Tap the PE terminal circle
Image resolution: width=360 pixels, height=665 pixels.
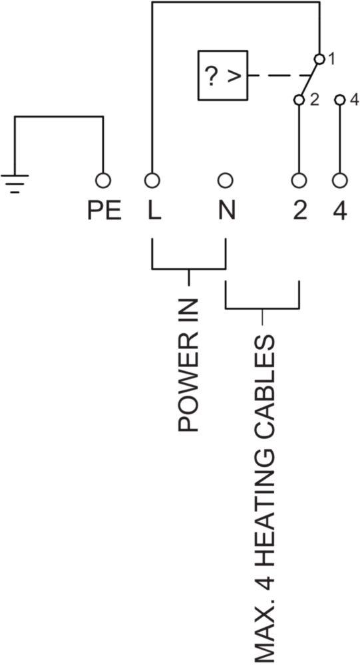coord(103,181)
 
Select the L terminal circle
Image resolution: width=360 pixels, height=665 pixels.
coord(152,181)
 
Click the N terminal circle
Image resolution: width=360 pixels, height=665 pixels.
coord(225,181)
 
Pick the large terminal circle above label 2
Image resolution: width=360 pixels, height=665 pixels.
coord(299,181)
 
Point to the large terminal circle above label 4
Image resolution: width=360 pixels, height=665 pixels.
coord(339,181)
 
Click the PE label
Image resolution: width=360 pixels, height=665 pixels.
coord(104,211)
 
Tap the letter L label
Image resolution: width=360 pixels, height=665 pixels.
coord(154,211)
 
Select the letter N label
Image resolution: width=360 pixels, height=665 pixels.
coord(227,211)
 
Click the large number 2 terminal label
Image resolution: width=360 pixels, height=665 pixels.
coord(299,211)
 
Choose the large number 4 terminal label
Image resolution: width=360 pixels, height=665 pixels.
coord(339,211)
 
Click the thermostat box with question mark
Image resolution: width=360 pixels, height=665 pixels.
coord(223,75)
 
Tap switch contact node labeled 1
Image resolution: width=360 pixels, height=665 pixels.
coord(319,59)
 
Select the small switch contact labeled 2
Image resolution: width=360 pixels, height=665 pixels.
coord(299,100)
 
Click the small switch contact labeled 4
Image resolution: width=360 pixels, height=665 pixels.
coord(339,100)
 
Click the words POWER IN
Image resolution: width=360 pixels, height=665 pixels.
coord(188,365)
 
